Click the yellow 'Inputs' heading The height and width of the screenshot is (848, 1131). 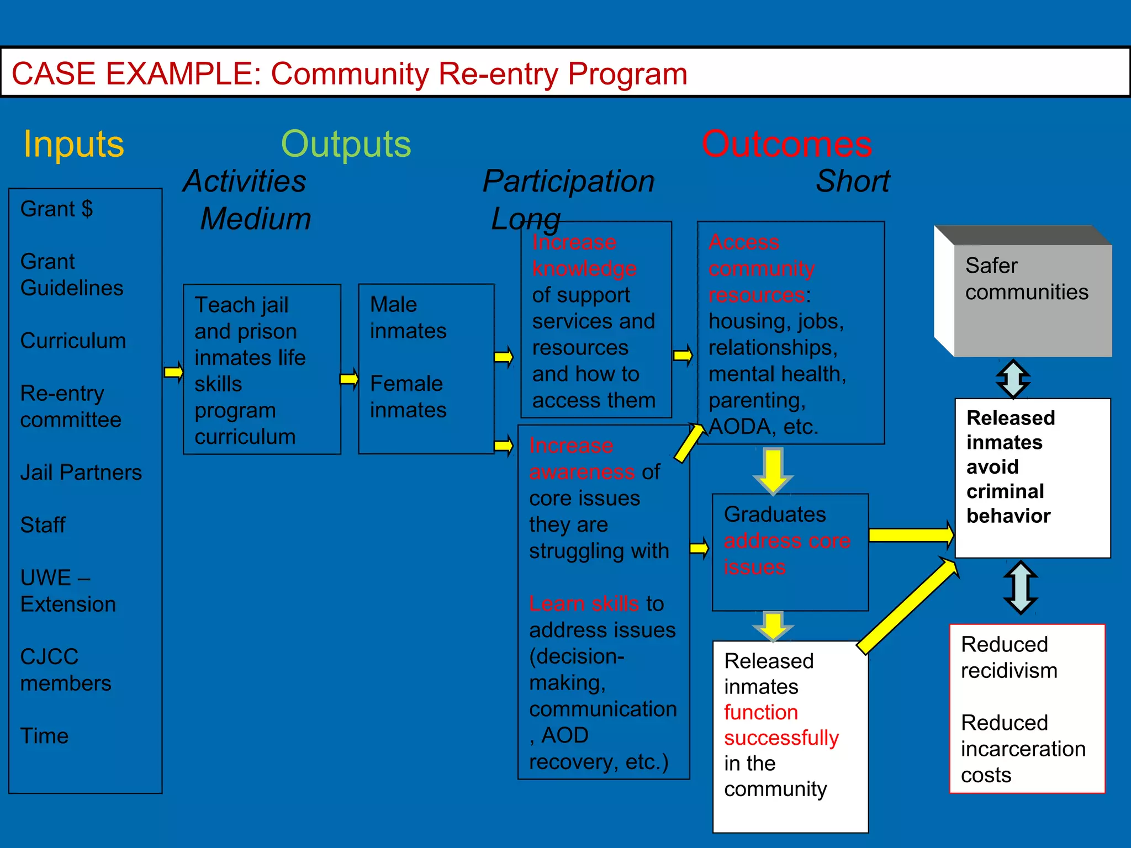pos(73,145)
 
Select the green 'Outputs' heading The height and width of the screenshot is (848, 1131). pos(346,145)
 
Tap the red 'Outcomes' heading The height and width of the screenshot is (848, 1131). pos(786,145)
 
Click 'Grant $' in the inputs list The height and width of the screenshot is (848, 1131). pos(56,209)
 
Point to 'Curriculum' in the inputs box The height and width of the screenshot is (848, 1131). pos(73,341)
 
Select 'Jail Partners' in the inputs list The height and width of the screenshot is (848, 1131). pos(81,473)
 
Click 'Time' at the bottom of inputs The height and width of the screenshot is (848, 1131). pos(44,736)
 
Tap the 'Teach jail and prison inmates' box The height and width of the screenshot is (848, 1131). pos(262,369)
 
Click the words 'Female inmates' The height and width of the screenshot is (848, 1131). pos(408,397)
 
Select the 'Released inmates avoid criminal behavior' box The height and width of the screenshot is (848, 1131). pos(1032,478)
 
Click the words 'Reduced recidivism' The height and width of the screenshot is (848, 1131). pos(1009,658)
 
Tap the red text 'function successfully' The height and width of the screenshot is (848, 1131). pos(781,725)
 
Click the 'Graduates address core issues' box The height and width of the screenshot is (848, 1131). pos(790,552)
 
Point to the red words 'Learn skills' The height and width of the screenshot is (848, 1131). pos(584,603)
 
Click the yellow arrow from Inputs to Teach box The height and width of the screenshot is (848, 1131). pos(173,372)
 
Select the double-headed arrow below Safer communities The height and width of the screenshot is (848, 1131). pos(1013,379)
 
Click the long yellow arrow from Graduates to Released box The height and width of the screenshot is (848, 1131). pos(911,534)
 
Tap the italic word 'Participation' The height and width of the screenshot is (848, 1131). pos(568,182)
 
